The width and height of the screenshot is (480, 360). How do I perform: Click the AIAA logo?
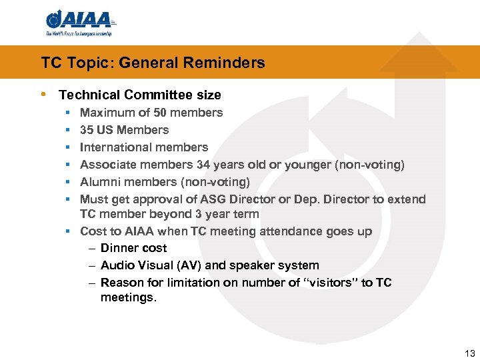click(79, 19)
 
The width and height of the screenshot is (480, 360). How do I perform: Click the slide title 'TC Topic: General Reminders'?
click(153, 63)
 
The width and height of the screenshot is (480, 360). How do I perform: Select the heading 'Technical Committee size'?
click(140, 95)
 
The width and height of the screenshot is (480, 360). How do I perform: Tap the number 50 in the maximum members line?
click(178, 113)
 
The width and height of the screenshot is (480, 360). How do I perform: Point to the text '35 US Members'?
click(124, 130)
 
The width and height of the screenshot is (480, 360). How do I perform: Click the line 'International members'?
click(144, 147)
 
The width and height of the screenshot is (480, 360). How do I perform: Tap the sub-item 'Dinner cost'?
click(133, 248)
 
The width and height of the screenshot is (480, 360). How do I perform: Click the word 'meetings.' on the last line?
click(129, 297)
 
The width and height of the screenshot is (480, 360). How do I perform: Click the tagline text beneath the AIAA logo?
click(79, 33)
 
